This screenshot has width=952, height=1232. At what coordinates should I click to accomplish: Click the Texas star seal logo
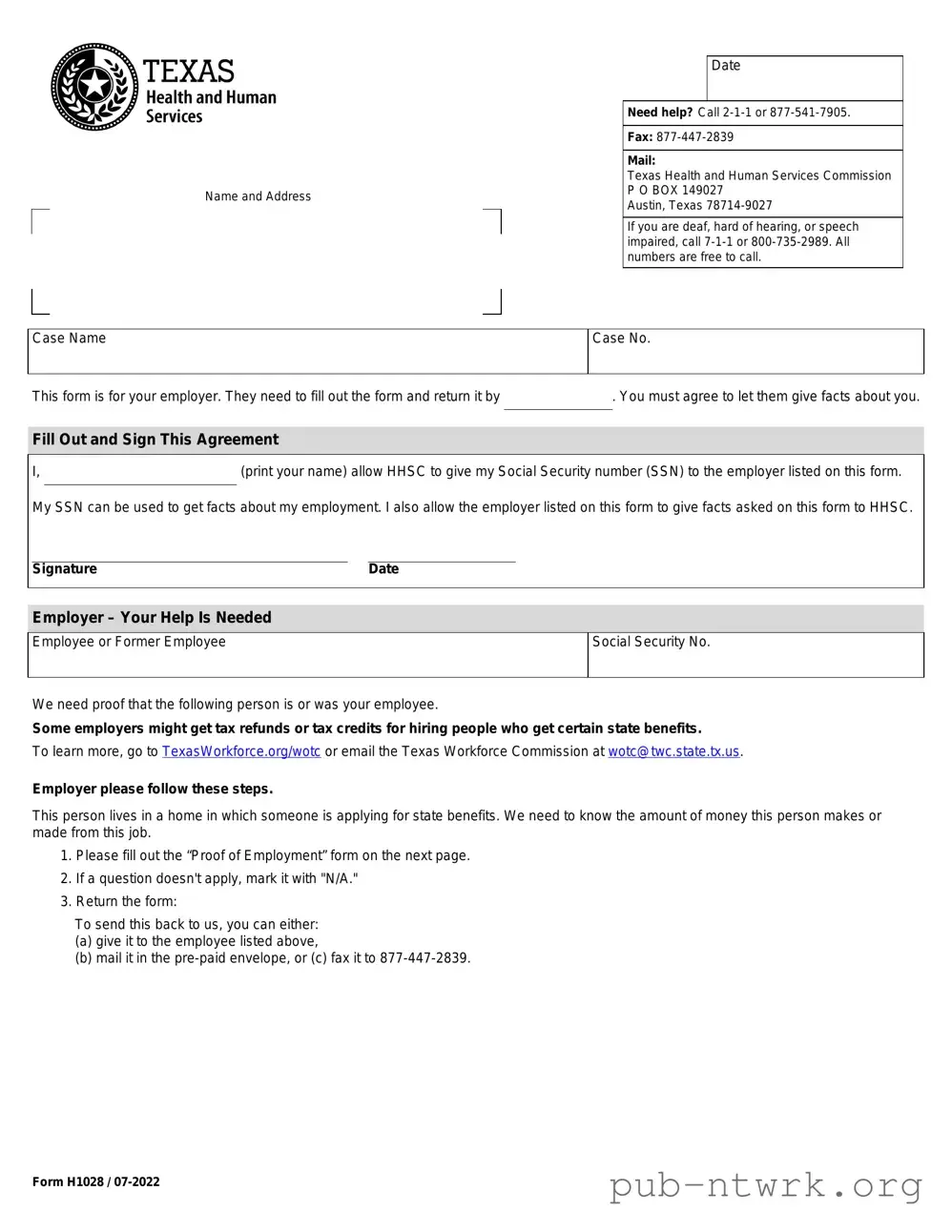[94, 87]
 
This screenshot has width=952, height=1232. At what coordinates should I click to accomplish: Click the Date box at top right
[804, 78]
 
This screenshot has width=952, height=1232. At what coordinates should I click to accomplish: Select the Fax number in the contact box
[694, 137]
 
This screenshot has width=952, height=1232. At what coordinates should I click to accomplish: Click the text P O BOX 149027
[674, 191]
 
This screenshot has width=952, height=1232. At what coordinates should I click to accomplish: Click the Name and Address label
[258, 196]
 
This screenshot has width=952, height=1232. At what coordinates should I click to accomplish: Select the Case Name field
[307, 352]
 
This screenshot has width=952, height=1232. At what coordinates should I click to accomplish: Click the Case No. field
[755, 352]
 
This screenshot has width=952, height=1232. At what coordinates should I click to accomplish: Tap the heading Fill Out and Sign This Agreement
[155, 440]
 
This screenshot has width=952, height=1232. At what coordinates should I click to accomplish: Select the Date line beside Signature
[442, 554]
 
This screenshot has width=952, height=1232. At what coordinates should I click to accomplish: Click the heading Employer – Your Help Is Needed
[152, 618]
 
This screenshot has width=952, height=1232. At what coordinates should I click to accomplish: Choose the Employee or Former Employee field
[307, 655]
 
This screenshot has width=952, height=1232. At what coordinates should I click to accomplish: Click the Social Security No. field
[755, 655]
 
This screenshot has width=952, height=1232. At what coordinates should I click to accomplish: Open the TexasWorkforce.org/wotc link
[241, 751]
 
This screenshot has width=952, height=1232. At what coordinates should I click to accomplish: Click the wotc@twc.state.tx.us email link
[673, 751]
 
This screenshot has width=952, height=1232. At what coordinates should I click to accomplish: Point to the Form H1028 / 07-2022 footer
[96, 1182]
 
